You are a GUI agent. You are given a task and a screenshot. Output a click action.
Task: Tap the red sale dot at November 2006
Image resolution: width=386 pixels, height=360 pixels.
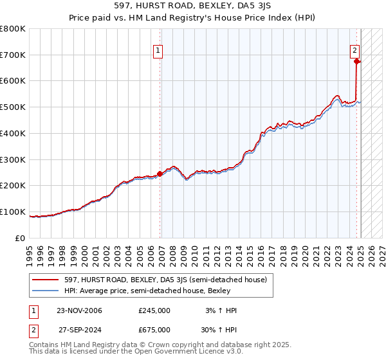pyautogui.click(x=160, y=173)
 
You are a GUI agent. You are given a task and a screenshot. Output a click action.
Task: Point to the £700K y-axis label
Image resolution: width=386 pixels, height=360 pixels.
pyautogui.click(x=13, y=55)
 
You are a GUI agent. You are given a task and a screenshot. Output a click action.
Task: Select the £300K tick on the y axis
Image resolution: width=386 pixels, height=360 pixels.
pyautogui.click(x=13, y=159)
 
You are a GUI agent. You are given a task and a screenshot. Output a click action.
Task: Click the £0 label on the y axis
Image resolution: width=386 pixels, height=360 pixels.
pyautogui.click(x=20, y=238)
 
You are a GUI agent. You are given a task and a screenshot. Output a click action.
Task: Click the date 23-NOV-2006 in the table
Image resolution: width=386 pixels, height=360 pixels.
pyautogui.click(x=79, y=310)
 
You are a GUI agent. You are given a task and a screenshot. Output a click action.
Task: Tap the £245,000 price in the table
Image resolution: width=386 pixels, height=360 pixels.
pyautogui.click(x=154, y=310)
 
